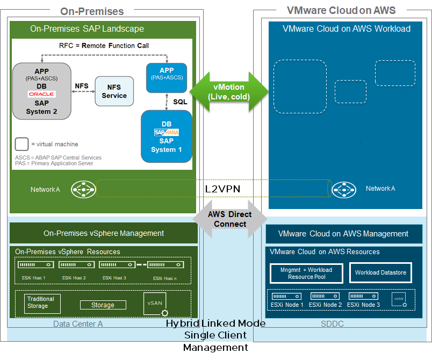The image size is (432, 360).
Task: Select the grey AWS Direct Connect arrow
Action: (229, 219)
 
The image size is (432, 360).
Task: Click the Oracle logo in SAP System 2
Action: (41, 94)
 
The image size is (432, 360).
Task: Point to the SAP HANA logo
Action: (166, 132)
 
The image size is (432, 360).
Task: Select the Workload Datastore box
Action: (380, 273)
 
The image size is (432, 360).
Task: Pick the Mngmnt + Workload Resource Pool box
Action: (306, 273)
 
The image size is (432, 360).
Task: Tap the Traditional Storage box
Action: (42, 303)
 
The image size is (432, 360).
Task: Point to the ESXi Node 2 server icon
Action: (325, 296)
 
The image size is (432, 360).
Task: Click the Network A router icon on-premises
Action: (83, 189)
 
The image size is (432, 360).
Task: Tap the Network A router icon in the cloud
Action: (343, 189)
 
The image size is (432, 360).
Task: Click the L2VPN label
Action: (222, 189)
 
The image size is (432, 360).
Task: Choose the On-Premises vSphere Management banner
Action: (104, 233)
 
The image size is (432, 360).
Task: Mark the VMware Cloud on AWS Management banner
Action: (343, 234)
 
